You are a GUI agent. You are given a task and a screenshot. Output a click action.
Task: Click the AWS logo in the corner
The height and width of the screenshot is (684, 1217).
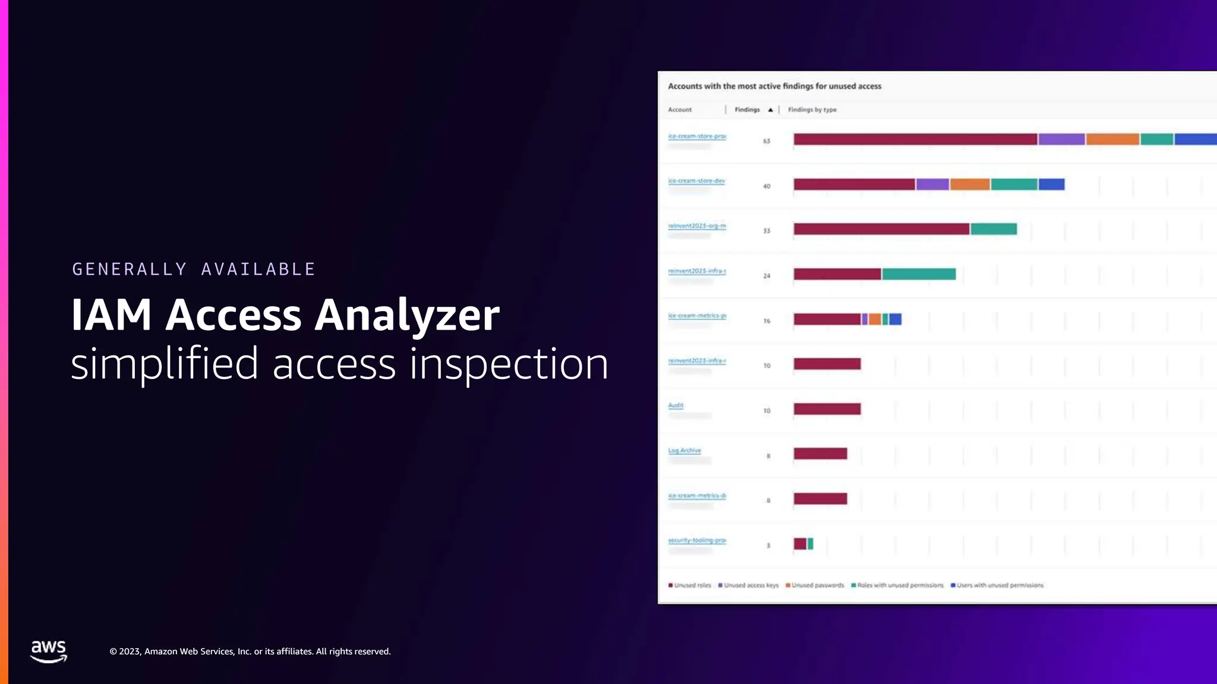(48, 651)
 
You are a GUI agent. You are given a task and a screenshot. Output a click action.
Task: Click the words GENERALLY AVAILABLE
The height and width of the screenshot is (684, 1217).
(194, 269)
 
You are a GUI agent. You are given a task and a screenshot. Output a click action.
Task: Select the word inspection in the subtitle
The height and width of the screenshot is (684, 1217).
(509, 363)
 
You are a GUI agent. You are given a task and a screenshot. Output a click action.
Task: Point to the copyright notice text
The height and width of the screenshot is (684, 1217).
(250, 651)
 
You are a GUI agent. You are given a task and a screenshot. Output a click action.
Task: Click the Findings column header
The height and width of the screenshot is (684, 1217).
(748, 110)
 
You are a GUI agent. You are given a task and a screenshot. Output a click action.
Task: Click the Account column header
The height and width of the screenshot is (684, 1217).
(680, 110)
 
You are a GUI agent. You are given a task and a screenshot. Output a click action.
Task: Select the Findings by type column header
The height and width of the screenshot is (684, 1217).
(812, 110)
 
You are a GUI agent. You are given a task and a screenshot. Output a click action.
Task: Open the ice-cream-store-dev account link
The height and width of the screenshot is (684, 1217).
(696, 180)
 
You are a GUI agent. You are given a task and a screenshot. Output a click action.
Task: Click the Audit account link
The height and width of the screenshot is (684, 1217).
(676, 406)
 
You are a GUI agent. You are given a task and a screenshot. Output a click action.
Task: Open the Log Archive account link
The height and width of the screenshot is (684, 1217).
(685, 451)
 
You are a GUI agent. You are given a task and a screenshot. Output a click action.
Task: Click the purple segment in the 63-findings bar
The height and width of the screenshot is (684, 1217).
(1061, 140)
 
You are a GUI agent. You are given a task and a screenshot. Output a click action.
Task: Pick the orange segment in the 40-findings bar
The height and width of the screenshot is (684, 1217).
(970, 185)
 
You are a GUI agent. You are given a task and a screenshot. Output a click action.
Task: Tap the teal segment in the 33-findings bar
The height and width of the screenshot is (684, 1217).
(994, 229)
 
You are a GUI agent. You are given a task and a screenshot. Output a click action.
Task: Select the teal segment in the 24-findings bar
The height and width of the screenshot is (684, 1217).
(919, 274)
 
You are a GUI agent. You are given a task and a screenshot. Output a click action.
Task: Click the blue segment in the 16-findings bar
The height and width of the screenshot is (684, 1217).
(895, 319)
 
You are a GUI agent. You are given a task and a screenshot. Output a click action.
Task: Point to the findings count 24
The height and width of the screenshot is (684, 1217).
(767, 276)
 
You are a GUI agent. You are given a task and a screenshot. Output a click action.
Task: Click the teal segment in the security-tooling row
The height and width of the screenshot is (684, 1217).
(811, 544)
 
